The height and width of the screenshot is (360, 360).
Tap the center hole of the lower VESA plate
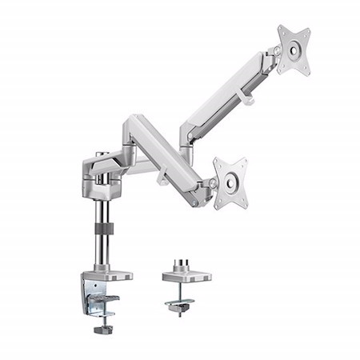click(230, 183)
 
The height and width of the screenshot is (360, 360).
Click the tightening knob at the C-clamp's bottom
click(102, 329)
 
